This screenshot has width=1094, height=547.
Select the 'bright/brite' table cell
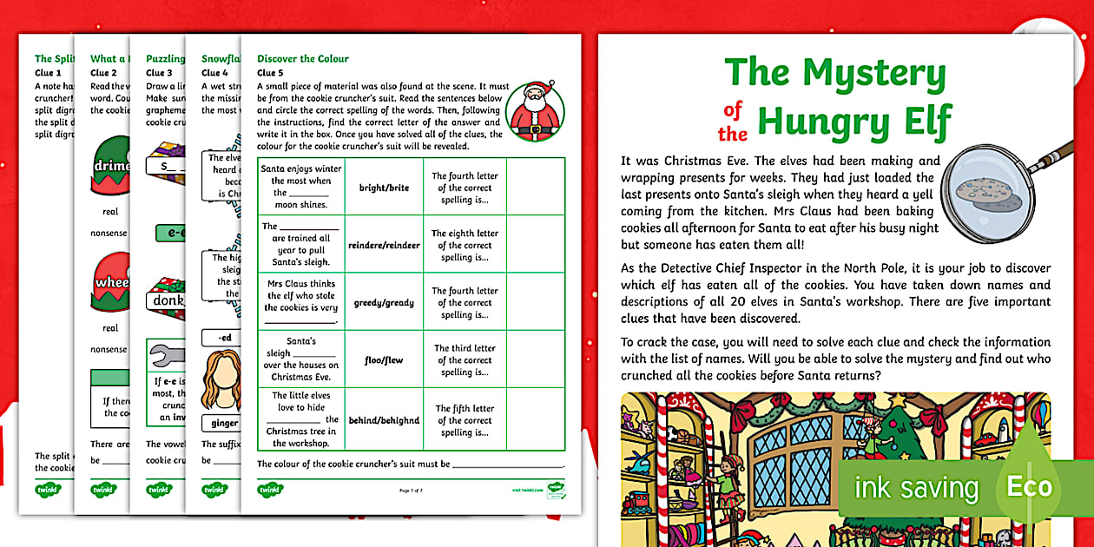coord(384,187)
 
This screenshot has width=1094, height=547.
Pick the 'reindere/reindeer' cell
coord(384,245)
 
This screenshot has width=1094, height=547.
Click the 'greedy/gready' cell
coord(384,302)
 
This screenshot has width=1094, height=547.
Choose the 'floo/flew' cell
coord(384,359)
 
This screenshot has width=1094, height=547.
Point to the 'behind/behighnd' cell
coord(384,420)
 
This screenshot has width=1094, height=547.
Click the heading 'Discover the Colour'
coord(303,59)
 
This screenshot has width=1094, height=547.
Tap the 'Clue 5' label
coord(271,73)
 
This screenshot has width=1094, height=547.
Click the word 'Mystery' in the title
coord(873,75)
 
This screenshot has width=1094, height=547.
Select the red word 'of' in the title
coord(734,109)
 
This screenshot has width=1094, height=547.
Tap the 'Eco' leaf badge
coord(1028,486)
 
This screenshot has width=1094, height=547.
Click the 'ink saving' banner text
coord(916,488)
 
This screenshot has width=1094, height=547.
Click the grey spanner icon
coord(164,356)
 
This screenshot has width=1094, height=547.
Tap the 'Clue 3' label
coord(160,73)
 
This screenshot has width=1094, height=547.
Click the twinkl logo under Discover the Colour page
coord(269,490)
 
